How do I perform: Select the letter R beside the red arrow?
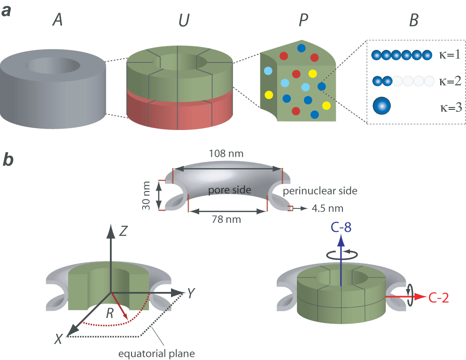[109, 313]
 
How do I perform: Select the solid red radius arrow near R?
[120, 306]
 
